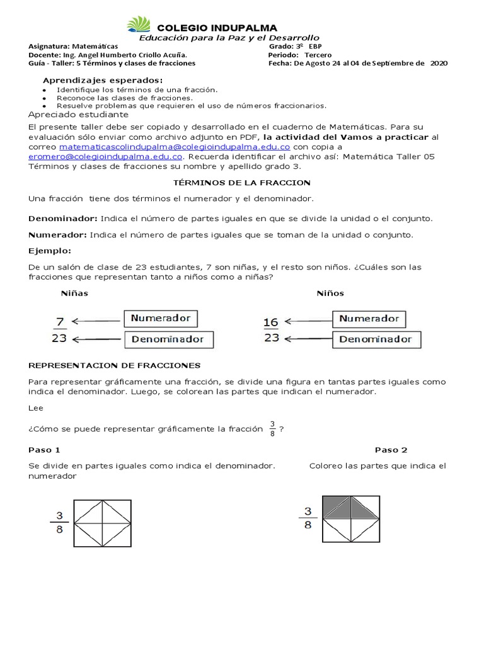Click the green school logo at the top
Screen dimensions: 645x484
[x=139, y=25]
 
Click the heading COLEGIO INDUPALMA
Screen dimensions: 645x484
[x=216, y=28]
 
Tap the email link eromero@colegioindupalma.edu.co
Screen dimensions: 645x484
[x=106, y=156]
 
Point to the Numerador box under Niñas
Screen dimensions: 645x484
[x=160, y=319]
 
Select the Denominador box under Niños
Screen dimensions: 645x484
[x=375, y=340]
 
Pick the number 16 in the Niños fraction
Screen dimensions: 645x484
[x=271, y=322]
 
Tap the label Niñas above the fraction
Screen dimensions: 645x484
[x=74, y=294]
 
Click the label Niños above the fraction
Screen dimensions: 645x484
[x=330, y=294]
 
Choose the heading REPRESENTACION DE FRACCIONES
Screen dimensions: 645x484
[x=115, y=365]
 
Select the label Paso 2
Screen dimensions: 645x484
[x=391, y=450]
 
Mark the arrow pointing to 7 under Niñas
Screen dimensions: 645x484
[x=95, y=321]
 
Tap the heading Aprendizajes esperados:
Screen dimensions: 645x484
[x=102, y=80]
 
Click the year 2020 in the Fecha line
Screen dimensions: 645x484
[x=439, y=63]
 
